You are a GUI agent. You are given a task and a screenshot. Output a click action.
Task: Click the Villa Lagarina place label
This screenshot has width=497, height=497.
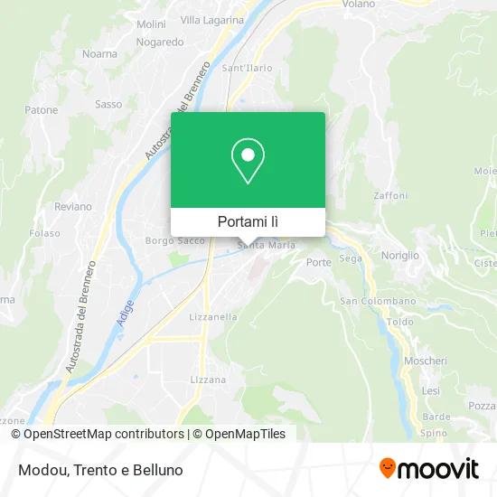point(212,19)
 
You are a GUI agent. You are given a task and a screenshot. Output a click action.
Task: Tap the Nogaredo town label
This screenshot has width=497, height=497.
point(160,42)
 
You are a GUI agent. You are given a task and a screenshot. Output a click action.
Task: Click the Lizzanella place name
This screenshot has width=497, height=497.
point(213,317)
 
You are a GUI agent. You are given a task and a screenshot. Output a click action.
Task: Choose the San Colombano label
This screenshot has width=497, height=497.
point(378,301)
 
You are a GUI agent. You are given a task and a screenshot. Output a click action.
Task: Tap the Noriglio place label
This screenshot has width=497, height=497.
point(399,256)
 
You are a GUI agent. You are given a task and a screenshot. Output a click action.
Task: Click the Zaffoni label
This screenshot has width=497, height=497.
point(391,195)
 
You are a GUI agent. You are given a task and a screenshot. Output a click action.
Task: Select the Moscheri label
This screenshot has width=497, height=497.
point(426,361)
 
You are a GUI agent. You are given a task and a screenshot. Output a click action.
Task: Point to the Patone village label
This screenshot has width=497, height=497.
point(41,110)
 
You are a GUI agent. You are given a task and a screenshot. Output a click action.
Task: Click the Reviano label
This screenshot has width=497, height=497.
point(73,206)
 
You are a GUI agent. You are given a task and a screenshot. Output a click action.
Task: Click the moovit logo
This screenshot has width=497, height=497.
point(428,469)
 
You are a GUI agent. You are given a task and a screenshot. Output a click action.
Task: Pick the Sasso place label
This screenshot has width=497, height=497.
point(108,105)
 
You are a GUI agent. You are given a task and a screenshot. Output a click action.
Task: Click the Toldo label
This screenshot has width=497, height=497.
point(399,322)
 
